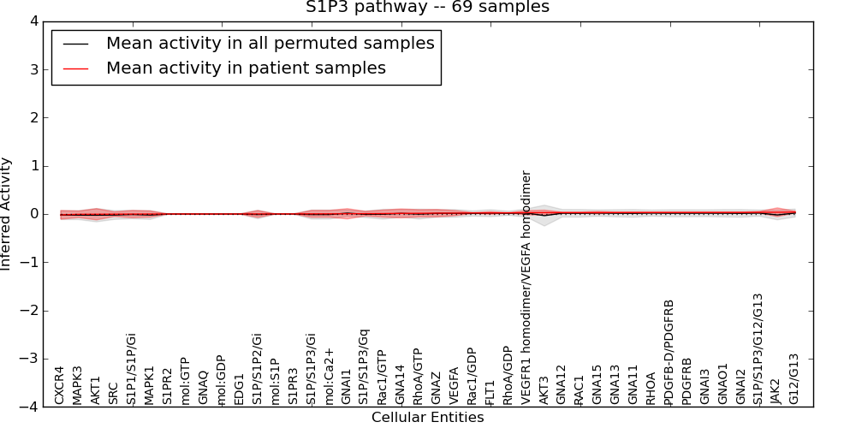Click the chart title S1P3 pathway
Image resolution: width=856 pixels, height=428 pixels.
(x=427, y=8)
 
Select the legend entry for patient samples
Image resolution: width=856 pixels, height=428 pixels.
(x=246, y=68)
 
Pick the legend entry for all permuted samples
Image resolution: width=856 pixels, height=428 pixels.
(x=270, y=43)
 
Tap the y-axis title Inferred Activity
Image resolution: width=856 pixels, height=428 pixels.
(x=7, y=214)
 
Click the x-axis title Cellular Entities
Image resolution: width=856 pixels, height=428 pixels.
(x=427, y=418)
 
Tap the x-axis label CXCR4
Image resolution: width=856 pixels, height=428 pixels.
(x=59, y=385)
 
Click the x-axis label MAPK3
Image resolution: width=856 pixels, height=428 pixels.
(x=77, y=384)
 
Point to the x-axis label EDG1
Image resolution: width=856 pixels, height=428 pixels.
(x=239, y=388)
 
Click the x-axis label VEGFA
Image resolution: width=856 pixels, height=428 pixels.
(x=454, y=385)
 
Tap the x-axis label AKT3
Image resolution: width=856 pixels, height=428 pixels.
(x=544, y=389)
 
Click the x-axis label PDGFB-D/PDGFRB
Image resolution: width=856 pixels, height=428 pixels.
(x=669, y=351)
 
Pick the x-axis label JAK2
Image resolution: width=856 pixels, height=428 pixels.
(x=776, y=390)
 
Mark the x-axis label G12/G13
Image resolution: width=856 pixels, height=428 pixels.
(x=794, y=378)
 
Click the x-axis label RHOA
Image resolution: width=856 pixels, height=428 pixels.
(x=651, y=389)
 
